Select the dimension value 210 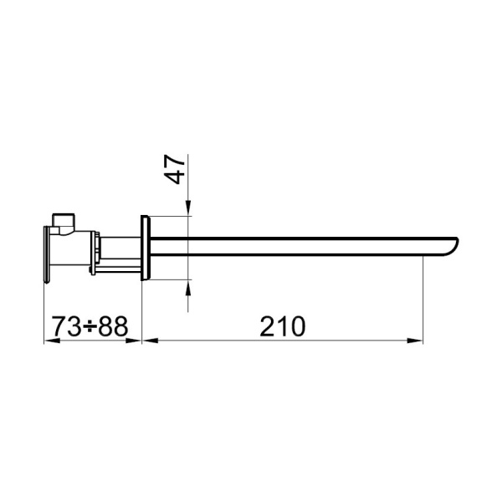tap(282, 326)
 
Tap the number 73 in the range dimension tap(67, 326)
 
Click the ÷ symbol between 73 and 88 tap(90, 327)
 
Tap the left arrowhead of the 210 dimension tap(149, 340)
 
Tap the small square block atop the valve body tap(63, 220)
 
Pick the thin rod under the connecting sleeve tap(117, 266)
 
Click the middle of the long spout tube tap(301, 246)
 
